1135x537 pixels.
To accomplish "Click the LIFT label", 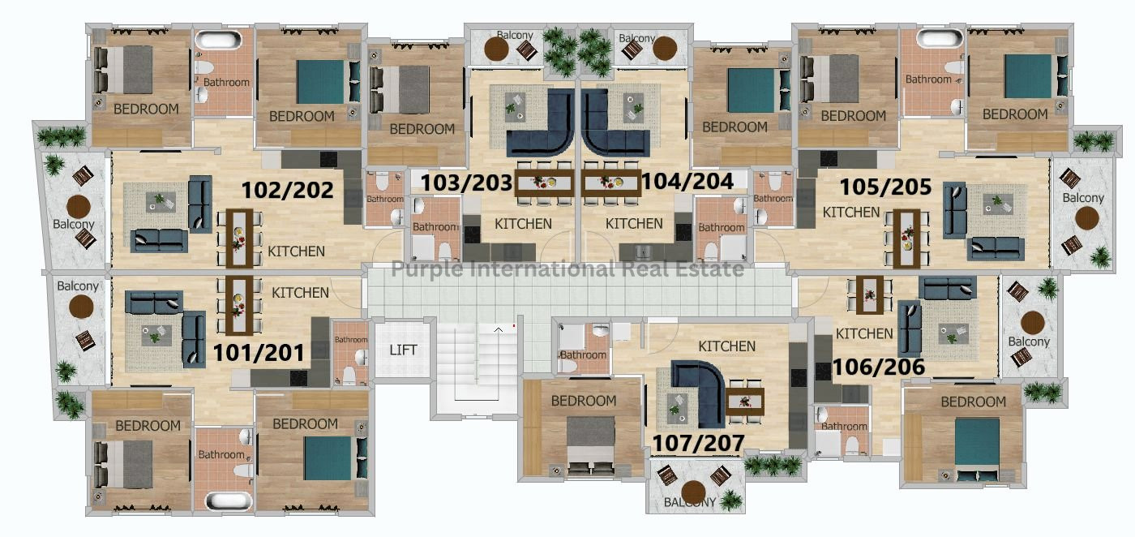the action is point(403,350).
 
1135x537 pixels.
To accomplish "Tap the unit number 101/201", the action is point(259,353).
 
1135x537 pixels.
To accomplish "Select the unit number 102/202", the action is point(287,190).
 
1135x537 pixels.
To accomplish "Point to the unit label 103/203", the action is point(466,183).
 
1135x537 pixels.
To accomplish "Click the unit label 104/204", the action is point(687,182).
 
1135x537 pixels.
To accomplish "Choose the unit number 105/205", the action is point(885,187).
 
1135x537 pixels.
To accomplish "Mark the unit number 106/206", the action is point(879,367).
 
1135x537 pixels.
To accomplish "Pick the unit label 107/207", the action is point(698,443).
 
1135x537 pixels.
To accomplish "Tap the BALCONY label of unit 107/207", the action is point(690,502).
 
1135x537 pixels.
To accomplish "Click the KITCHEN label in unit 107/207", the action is point(726,346).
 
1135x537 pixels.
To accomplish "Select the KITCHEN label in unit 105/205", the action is point(850,212).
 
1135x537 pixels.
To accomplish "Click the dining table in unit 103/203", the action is point(544,183).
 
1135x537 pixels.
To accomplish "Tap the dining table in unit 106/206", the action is point(869,295).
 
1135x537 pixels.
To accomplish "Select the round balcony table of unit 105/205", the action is point(1087,218).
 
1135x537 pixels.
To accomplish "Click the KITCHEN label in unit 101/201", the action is point(300,293).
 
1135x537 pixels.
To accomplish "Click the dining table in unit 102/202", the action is point(239,238).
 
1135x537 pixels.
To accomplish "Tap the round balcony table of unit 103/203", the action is point(496,49).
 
